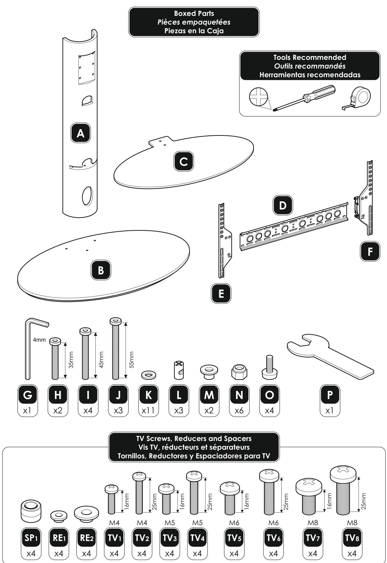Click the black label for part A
[81, 133]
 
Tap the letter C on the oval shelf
[184, 161]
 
